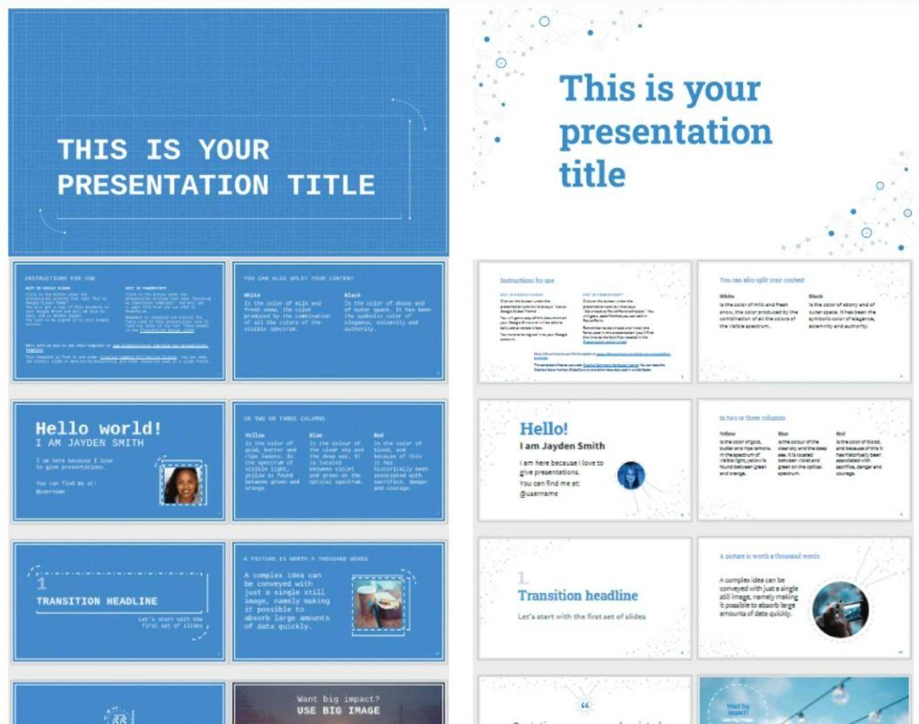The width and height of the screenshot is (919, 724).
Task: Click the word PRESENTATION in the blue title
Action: (x=162, y=186)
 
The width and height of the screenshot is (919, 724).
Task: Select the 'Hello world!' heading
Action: (x=99, y=428)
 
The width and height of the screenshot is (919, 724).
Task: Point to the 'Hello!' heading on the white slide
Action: (x=544, y=429)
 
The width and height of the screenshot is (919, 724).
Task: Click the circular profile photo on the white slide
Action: (x=631, y=475)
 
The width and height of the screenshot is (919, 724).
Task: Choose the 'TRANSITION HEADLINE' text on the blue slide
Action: (x=97, y=601)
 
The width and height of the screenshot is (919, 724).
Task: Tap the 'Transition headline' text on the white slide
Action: (x=577, y=595)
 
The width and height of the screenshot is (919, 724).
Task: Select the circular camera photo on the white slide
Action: (x=839, y=609)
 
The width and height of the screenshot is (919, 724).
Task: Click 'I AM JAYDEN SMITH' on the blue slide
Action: (x=89, y=443)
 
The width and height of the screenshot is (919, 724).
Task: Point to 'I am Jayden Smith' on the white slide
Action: (x=562, y=446)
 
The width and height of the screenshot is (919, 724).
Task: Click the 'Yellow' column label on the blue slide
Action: (x=255, y=435)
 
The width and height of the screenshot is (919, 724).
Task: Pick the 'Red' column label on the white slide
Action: (x=840, y=433)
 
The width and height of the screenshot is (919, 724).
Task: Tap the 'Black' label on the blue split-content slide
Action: (x=354, y=294)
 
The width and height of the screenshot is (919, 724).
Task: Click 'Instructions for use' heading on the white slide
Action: (x=527, y=280)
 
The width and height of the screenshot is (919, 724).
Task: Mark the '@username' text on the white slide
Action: (x=538, y=493)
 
